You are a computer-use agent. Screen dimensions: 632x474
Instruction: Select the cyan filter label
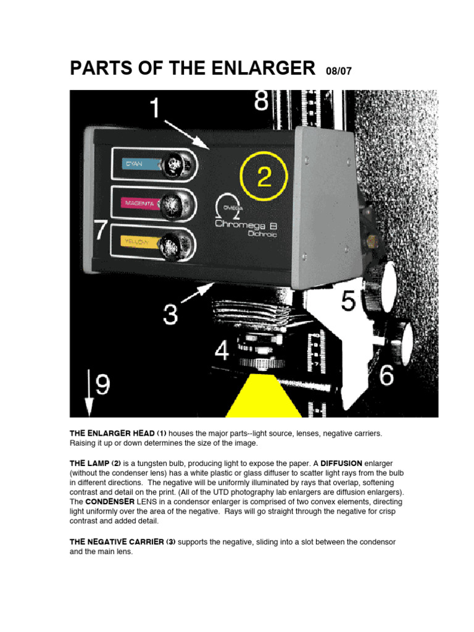(x=135, y=164)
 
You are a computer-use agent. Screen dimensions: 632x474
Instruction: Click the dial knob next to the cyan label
(x=178, y=164)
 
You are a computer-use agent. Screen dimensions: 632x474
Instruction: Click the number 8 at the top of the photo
(x=261, y=101)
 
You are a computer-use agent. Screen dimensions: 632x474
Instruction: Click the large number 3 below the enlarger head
(x=171, y=314)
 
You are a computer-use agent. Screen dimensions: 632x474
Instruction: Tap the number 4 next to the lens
(x=222, y=351)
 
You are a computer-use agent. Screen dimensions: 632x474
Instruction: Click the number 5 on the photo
(x=348, y=302)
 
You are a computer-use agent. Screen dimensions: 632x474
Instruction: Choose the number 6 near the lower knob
(x=386, y=375)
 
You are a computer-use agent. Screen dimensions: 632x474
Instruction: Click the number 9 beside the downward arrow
(x=102, y=386)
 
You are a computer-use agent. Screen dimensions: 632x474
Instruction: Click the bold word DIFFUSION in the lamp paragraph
(x=341, y=463)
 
